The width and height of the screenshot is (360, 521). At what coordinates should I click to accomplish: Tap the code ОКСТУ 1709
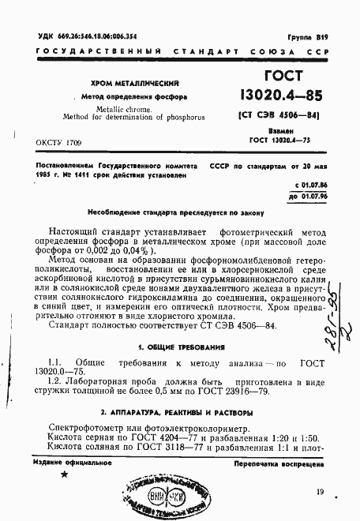pyautogui.click(x=59, y=142)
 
